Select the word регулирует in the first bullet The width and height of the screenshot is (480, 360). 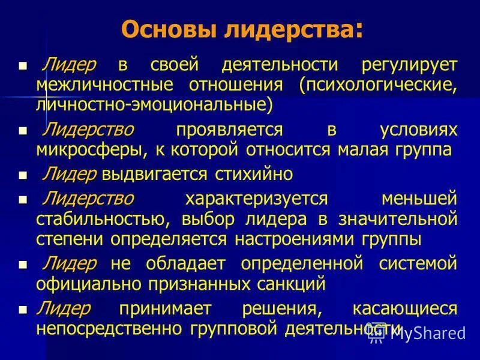tap(409, 65)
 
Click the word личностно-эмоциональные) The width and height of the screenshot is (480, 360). tap(154, 104)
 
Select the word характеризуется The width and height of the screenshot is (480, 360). tap(256, 199)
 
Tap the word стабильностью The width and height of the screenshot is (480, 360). tap(106, 219)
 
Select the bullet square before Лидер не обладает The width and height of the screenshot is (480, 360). tap(23, 264)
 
